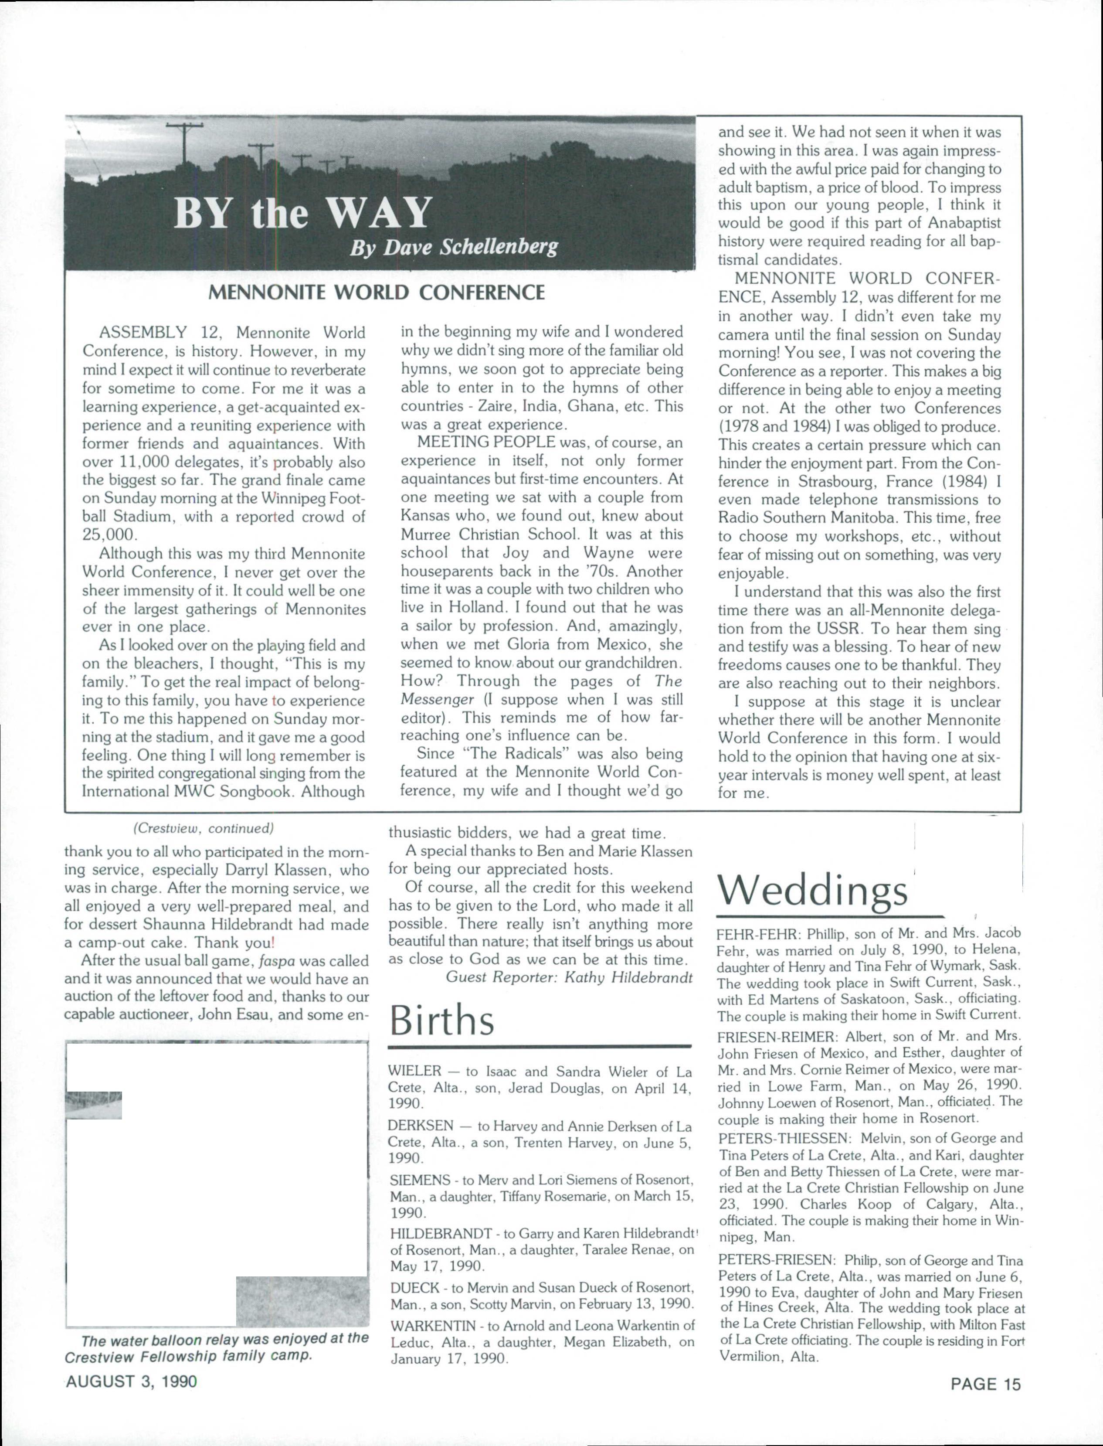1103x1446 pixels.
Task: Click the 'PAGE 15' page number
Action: (x=986, y=1384)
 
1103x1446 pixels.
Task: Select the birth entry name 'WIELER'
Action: (x=414, y=1072)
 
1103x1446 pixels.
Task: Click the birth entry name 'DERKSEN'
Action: (x=419, y=1127)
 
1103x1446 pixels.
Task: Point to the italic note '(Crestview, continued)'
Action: (x=203, y=829)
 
